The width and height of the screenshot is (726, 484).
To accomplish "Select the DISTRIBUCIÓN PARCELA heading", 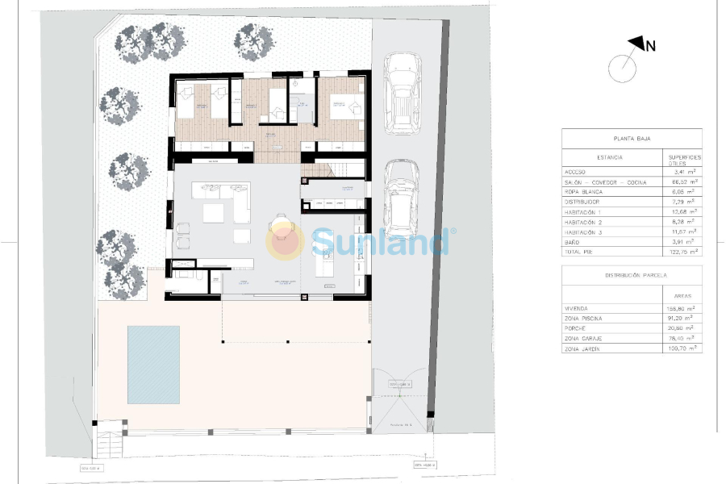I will pyautogui.click(x=632, y=275).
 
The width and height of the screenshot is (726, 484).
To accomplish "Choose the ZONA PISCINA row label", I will pyautogui.click(x=584, y=319).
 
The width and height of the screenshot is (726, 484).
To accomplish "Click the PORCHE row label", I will pyautogui.click(x=577, y=328).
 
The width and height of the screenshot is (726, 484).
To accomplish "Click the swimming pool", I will pyautogui.click(x=153, y=364).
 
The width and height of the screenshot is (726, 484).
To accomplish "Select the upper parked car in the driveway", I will pyautogui.click(x=402, y=94).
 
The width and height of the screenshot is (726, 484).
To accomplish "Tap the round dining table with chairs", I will pyautogui.click(x=282, y=227).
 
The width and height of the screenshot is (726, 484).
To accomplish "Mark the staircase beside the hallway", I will pyautogui.click(x=332, y=169).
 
